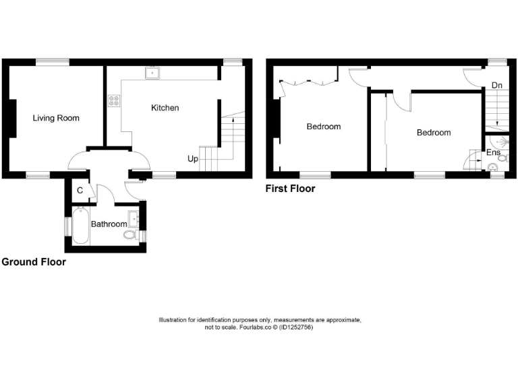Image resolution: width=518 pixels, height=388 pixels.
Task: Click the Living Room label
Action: pyautogui.click(x=56, y=118)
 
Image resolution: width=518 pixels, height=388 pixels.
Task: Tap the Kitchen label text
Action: pyautogui.click(x=165, y=108)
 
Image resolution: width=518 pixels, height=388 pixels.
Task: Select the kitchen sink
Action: pyautogui.click(x=152, y=73)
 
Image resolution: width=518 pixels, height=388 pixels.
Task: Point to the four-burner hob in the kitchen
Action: pyautogui.click(x=113, y=101)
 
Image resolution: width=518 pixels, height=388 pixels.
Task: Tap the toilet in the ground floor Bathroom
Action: pyautogui.click(x=131, y=236)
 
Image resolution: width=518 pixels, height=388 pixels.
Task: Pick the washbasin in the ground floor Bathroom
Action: pyautogui.click(x=134, y=218)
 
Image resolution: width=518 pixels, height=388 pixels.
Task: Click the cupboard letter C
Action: pyautogui.click(x=80, y=191)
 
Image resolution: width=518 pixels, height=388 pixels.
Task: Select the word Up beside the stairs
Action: pyautogui.click(x=193, y=160)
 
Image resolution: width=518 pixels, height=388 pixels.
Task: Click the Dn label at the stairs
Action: pyautogui.click(x=497, y=86)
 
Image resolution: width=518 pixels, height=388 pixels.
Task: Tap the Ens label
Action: pyautogui.click(x=493, y=153)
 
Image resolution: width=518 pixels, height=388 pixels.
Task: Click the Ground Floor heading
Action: pyautogui.click(x=34, y=262)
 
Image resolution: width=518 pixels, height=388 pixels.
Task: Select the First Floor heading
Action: pyautogui.click(x=291, y=189)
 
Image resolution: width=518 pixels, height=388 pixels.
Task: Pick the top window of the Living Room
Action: pyautogui.click(x=53, y=62)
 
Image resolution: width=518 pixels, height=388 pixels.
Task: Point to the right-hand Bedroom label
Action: pyautogui.click(x=433, y=133)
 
